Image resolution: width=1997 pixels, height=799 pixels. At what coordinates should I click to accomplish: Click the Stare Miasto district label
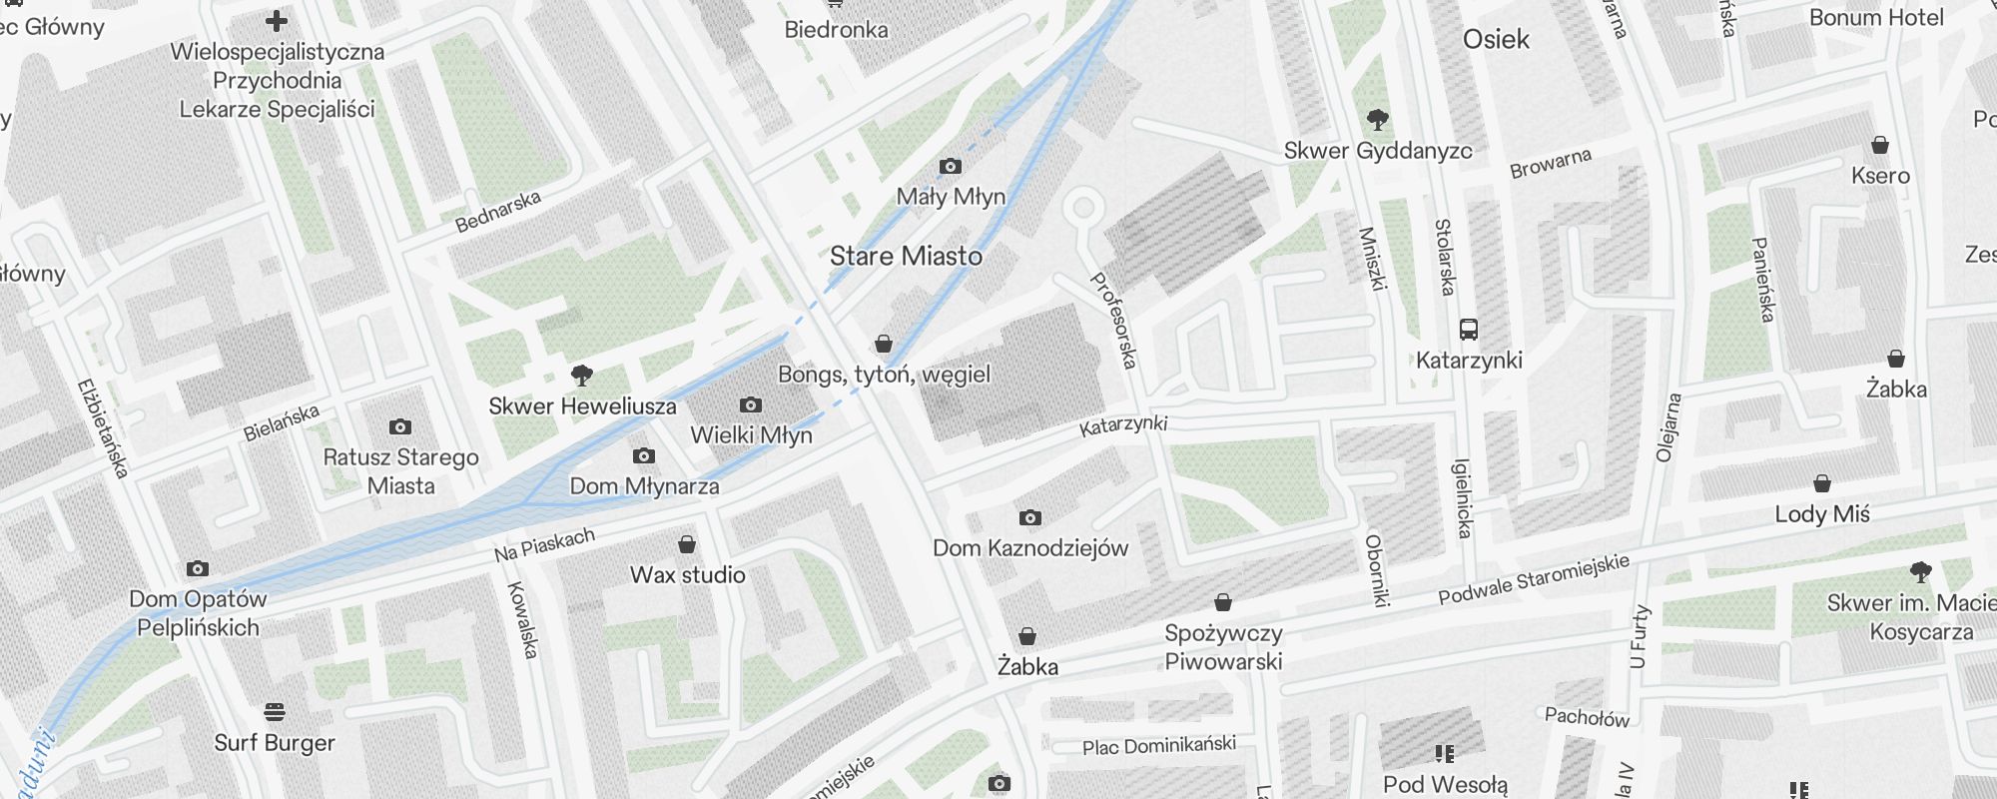(906, 257)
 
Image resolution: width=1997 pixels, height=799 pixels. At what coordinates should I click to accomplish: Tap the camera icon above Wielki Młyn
(751, 405)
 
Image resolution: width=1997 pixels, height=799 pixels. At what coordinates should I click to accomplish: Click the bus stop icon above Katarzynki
(1469, 330)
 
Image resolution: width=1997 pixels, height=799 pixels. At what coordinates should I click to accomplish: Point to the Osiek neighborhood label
(1496, 40)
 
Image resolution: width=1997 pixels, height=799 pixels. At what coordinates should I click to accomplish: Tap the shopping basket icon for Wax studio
(687, 545)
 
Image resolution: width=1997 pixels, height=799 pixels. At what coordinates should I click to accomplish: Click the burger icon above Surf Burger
(275, 712)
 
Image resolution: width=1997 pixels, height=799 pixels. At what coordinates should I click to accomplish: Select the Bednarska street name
(497, 212)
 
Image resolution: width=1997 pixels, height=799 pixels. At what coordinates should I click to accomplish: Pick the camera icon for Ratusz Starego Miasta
(400, 427)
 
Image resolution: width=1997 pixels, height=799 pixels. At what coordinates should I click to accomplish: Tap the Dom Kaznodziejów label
(1029, 548)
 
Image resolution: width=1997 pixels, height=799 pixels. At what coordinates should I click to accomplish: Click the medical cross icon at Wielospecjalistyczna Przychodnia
(277, 20)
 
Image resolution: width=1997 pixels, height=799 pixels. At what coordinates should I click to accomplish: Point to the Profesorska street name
(1113, 320)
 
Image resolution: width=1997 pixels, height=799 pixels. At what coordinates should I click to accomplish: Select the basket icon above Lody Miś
(1822, 484)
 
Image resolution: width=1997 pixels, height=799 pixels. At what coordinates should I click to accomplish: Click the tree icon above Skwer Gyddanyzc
(1378, 121)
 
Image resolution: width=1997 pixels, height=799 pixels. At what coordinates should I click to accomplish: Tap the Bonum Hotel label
(1876, 18)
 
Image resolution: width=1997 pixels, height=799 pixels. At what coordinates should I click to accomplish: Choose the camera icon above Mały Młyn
(951, 167)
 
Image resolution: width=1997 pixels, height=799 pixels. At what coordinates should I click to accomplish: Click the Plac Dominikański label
(1158, 745)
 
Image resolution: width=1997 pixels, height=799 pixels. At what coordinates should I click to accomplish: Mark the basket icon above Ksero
(1880, 146)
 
